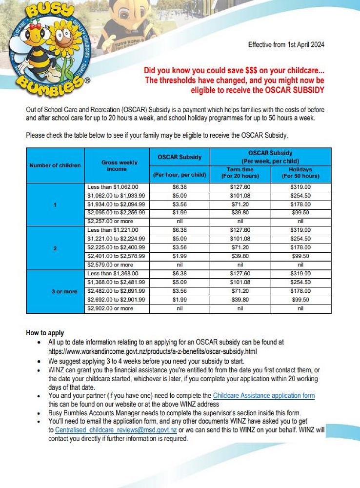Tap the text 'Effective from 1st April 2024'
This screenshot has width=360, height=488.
point(286,45)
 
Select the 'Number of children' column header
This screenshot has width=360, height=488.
point(55,165)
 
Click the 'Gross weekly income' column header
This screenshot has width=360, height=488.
point(117,165)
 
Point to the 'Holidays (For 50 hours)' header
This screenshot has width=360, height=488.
point(300,173)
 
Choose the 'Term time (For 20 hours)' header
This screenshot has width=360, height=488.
point(240,173)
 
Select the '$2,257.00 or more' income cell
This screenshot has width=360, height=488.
point(110,221)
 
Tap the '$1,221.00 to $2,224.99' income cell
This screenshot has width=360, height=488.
point(116,239)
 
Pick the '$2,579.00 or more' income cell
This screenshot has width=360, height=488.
point(110,265)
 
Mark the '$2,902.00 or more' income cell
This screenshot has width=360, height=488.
point(110,308)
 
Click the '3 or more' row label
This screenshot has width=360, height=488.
point(64,291)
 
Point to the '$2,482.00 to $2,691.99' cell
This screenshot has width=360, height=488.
point(116,291)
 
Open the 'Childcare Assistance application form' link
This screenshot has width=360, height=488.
point(263,396)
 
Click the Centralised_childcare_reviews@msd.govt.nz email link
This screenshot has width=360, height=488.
point(116,430)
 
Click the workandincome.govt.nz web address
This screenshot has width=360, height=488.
point(152,351)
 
